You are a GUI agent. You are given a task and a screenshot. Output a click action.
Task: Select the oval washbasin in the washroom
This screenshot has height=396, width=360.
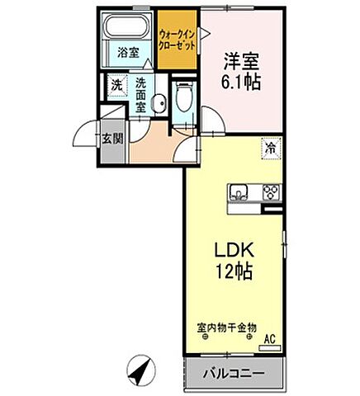[x=162, y=103]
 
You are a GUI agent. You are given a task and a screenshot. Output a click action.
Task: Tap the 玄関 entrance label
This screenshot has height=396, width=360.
[x=111, y=138]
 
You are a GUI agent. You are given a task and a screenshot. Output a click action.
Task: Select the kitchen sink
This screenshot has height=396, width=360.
[x=239, y=192]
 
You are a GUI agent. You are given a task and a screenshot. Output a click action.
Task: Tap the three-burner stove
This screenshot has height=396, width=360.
[x=270, y=192]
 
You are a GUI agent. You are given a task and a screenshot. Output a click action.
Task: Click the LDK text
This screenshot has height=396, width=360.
[x=234, y=250]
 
